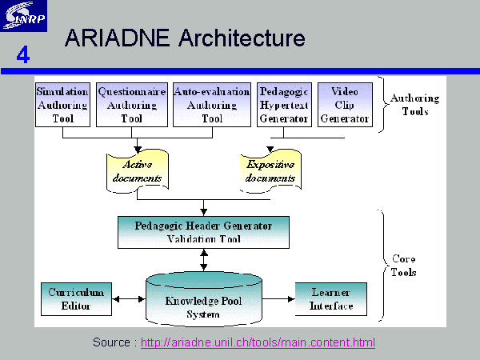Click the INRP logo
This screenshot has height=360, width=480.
(x=23, y=16)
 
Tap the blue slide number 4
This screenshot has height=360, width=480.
(x=23, y=54)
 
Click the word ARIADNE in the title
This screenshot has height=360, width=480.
(x=117, y=38)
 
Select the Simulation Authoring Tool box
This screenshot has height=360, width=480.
(x=62, y=105)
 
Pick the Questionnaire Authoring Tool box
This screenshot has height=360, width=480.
(x=132, y=105)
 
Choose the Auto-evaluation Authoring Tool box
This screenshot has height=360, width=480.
(x=212, y=105)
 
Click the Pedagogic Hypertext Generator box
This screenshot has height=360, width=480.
(x=284, y=105)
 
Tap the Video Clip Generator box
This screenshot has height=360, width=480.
(x=345, y=105)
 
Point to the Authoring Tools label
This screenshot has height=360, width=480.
(x=414, y=105)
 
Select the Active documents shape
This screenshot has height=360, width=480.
(x=138, y=171)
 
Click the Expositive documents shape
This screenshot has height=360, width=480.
(x=270, y=171)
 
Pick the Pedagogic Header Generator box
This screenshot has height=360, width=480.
(x=203, y=232)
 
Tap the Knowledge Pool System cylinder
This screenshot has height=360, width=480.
(x=204, y=299)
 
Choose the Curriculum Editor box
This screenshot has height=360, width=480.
(x=76, y=299)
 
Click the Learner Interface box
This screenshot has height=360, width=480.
(x=331, y=299)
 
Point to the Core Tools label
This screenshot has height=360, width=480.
(x=403, y=266)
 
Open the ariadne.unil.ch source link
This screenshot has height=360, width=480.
(x=258, y=342)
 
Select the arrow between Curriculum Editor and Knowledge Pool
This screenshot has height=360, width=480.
(x=129, y=299)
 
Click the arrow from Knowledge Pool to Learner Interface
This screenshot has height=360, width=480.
(x=278, y=299)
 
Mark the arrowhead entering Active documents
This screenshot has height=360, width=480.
(x=138, y=150)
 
